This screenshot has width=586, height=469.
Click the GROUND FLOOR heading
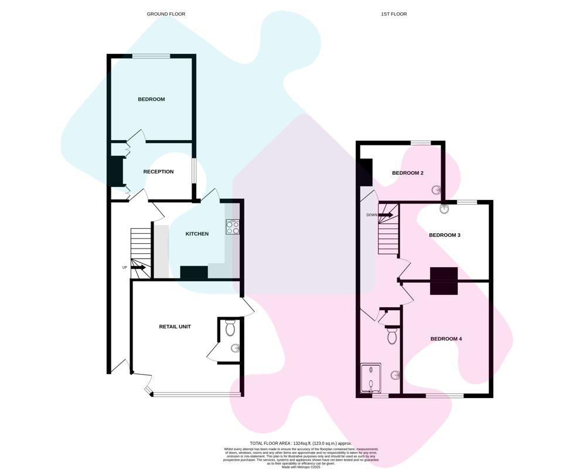[166, 14]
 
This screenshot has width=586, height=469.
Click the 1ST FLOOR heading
[394, 14]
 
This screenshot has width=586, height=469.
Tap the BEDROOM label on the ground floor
[151, 99]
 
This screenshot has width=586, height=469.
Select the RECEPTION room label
[158, 172]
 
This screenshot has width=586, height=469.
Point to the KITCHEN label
[197, 234]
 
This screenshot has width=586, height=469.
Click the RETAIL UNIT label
[175, 327]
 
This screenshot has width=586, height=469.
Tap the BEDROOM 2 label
[408, 173]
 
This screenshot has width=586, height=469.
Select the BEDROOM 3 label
[445, 235]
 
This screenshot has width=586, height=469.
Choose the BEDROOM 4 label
[446, 339]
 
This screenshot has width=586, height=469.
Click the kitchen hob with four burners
[233, 227]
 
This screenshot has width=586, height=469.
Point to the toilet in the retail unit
[230, 328]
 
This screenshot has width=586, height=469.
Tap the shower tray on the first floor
[371, 378]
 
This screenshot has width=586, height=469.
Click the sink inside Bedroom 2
[437, 191]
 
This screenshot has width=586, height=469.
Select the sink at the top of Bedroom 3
[444, 209]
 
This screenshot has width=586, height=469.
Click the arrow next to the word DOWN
[386, 215]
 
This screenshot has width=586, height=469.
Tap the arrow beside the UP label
[138, 268]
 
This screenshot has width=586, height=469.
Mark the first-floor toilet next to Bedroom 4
[391, 335]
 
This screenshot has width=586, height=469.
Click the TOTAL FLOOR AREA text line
[301, 443]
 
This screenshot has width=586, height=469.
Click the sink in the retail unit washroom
[235, 349]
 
